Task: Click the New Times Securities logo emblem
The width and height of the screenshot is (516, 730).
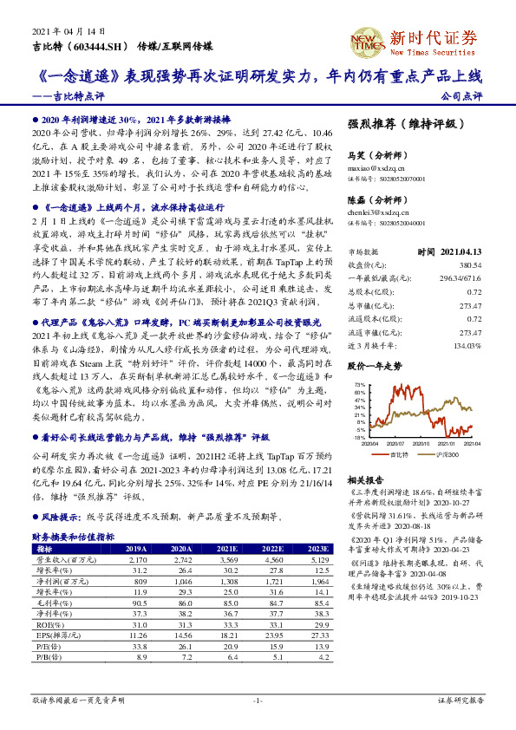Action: click(x=363, y=40)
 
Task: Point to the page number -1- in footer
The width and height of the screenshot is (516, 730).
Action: click(x=258, y=699)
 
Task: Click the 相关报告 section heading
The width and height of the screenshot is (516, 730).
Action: click(x=366, y=479)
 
